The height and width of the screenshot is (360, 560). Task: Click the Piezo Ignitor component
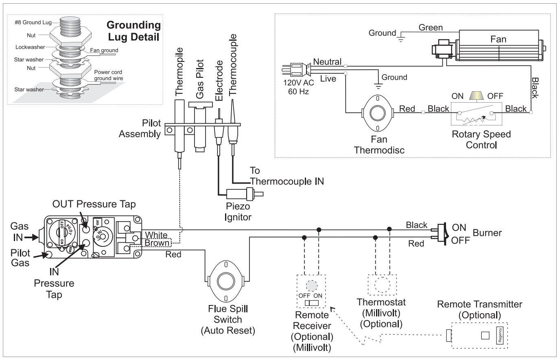[x=245, y=194]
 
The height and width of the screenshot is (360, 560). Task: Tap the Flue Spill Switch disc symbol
[x=226, y=281]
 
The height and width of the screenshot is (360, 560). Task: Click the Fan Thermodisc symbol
[x=378, y=113]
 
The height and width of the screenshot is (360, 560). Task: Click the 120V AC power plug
[x=297, y=70]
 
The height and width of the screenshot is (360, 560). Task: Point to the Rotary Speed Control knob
[x=476, y=96]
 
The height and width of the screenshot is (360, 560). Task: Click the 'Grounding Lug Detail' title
[x=134, y=31]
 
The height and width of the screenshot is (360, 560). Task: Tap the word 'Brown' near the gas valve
[x=157, y=243]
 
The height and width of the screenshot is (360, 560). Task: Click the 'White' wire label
[x=156, y=235]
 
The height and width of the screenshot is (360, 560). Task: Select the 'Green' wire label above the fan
[x=431, y=27]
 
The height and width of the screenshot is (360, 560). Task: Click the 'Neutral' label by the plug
[x=327, y=61]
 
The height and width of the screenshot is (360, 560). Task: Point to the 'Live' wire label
[x=328, y=79]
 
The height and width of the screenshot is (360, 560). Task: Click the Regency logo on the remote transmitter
[x=500, y=335]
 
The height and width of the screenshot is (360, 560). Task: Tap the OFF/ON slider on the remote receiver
[x=312, y=303]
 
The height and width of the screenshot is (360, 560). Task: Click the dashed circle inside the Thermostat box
[x=382, y=285]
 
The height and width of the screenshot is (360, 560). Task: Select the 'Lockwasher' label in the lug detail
[x=30, y=47]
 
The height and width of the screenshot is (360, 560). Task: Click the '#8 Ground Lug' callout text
[x=33, y=22]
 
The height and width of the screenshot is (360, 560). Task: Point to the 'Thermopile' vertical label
[x=179, y=72]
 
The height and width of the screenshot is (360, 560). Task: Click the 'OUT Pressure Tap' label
[x=94, y=204]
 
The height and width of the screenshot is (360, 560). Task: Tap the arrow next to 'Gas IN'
[x=31, y=237]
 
